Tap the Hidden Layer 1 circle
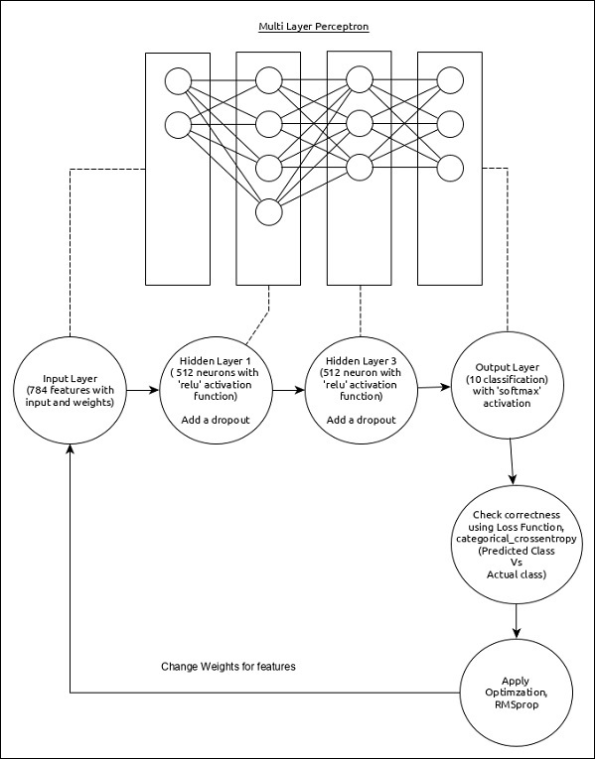219,390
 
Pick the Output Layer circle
508,390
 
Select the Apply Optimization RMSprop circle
517,691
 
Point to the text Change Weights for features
228,666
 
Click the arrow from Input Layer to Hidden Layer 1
148,390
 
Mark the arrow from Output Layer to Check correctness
511,463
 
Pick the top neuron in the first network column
178,80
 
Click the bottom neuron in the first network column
178,124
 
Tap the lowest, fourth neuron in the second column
268,211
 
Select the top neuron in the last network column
450,80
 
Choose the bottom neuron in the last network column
450,166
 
